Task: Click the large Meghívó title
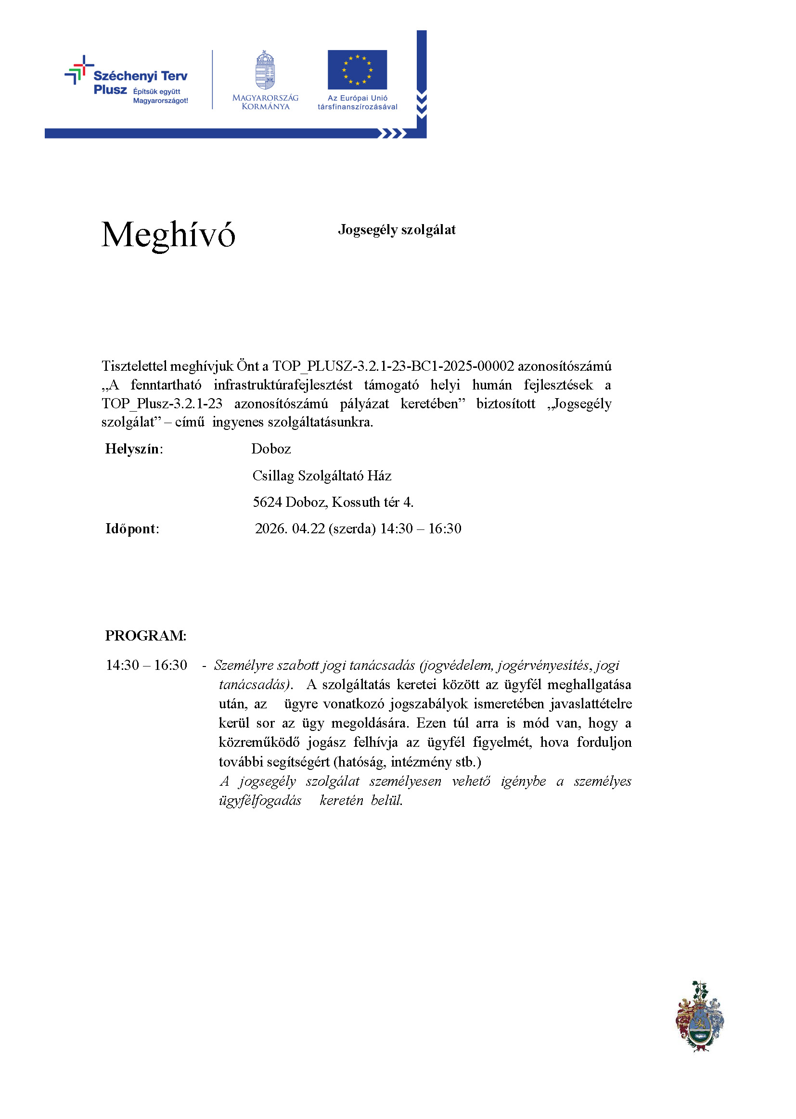[x=168, y=235]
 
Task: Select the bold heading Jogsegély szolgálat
[x=397, y=230]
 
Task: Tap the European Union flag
[x=357, y=70]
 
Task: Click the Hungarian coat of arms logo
[x=265, y=70]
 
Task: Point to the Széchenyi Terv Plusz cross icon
[x=79, y=70]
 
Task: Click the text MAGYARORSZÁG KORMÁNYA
[x=265, y=102]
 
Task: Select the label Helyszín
[x=134, y=449]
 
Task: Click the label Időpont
[x=132, y=528]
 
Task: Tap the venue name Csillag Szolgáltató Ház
[x=321, y=476]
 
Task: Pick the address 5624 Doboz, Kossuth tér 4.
[x=333, y=502]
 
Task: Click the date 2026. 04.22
[x=290, y=528]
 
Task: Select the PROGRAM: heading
[x=145, y=636]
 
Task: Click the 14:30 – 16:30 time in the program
[x=146, y=665]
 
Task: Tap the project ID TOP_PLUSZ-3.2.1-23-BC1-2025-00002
[x=393, y=366]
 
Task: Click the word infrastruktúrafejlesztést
[x=283, y=385]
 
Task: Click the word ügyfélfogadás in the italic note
[x=260, y=800]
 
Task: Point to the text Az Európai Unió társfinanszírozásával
[x=357, y=102]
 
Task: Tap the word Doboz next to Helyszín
[x=271, y=449]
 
